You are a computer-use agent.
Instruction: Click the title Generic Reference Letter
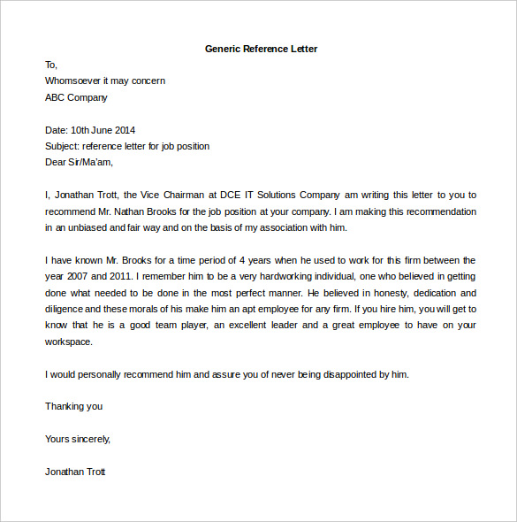tap(261, 49)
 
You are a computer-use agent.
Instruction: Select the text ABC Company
tap(76, 97)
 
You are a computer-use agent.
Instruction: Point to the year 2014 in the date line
tap(125, 130)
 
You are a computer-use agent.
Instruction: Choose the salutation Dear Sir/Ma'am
tap(79, 162)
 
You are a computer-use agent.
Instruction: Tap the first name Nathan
tap(144, 211)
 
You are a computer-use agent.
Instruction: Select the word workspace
tap(68, 342)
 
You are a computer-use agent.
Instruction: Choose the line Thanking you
tap(73, 406)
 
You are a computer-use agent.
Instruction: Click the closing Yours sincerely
tap(78, 439)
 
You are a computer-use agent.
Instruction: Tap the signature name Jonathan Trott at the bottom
tap(75, 472)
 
